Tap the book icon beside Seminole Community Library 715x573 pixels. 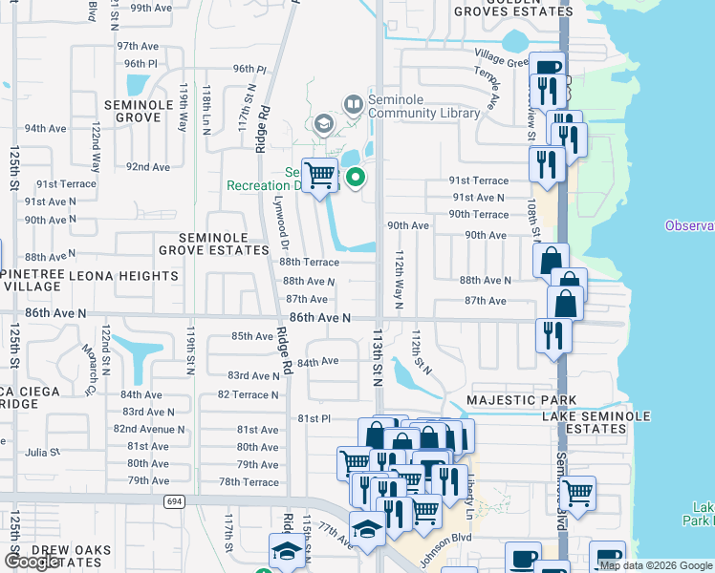click(352, 102)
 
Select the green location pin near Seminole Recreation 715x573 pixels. click(357, 178)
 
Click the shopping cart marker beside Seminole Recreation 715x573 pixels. click(320, 175)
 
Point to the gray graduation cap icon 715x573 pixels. click(323, 124)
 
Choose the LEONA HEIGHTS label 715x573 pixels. click(123, 276)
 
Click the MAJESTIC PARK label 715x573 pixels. click(521, 399)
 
